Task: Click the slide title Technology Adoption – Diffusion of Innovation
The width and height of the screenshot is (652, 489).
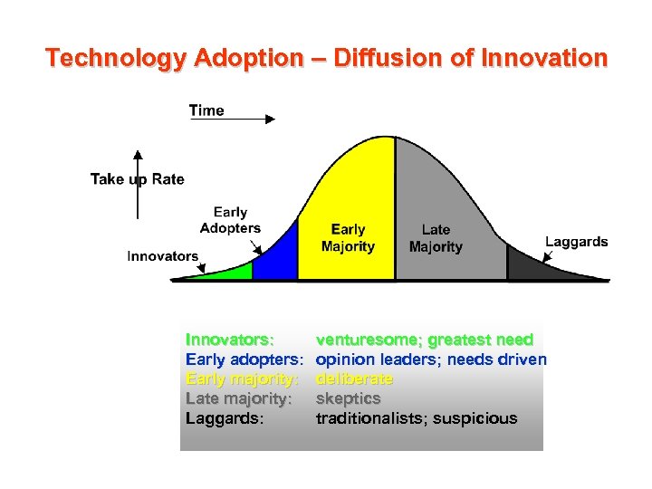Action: (326, 59)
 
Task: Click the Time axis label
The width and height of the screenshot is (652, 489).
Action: (206, 110)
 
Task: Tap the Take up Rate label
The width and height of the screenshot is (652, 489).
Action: (137, 179)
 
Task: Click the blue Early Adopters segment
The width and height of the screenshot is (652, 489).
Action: (277, 259)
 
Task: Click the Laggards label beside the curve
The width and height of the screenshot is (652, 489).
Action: (576, 242)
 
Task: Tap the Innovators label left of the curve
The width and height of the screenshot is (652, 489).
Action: (162, 256)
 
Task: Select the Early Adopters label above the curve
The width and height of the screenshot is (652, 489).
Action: (230, 220)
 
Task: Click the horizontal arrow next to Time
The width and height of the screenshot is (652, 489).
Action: (250, 118)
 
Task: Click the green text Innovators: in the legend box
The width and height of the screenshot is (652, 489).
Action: (230, 340)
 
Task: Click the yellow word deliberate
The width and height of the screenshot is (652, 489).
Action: (354, 379)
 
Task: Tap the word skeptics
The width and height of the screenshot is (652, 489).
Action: (348, 398)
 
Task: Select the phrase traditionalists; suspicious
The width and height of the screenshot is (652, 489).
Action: (416, 418)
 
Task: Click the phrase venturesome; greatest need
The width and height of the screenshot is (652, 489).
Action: (424, 340)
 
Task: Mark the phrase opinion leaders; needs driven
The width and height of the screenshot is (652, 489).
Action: (430, 360)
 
